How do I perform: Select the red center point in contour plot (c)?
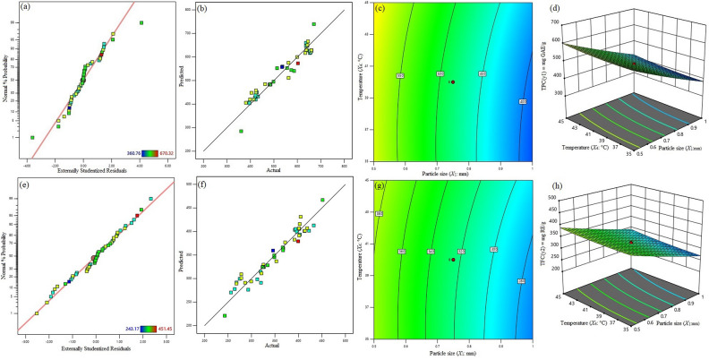coord(453,81)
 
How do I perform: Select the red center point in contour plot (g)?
coord(453,260)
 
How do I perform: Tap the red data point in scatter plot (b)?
coord(298,64)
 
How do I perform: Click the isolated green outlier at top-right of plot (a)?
coord(141,22)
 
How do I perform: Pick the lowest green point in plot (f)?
coord(224,315)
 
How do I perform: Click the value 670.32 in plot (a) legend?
coord(162,152)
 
